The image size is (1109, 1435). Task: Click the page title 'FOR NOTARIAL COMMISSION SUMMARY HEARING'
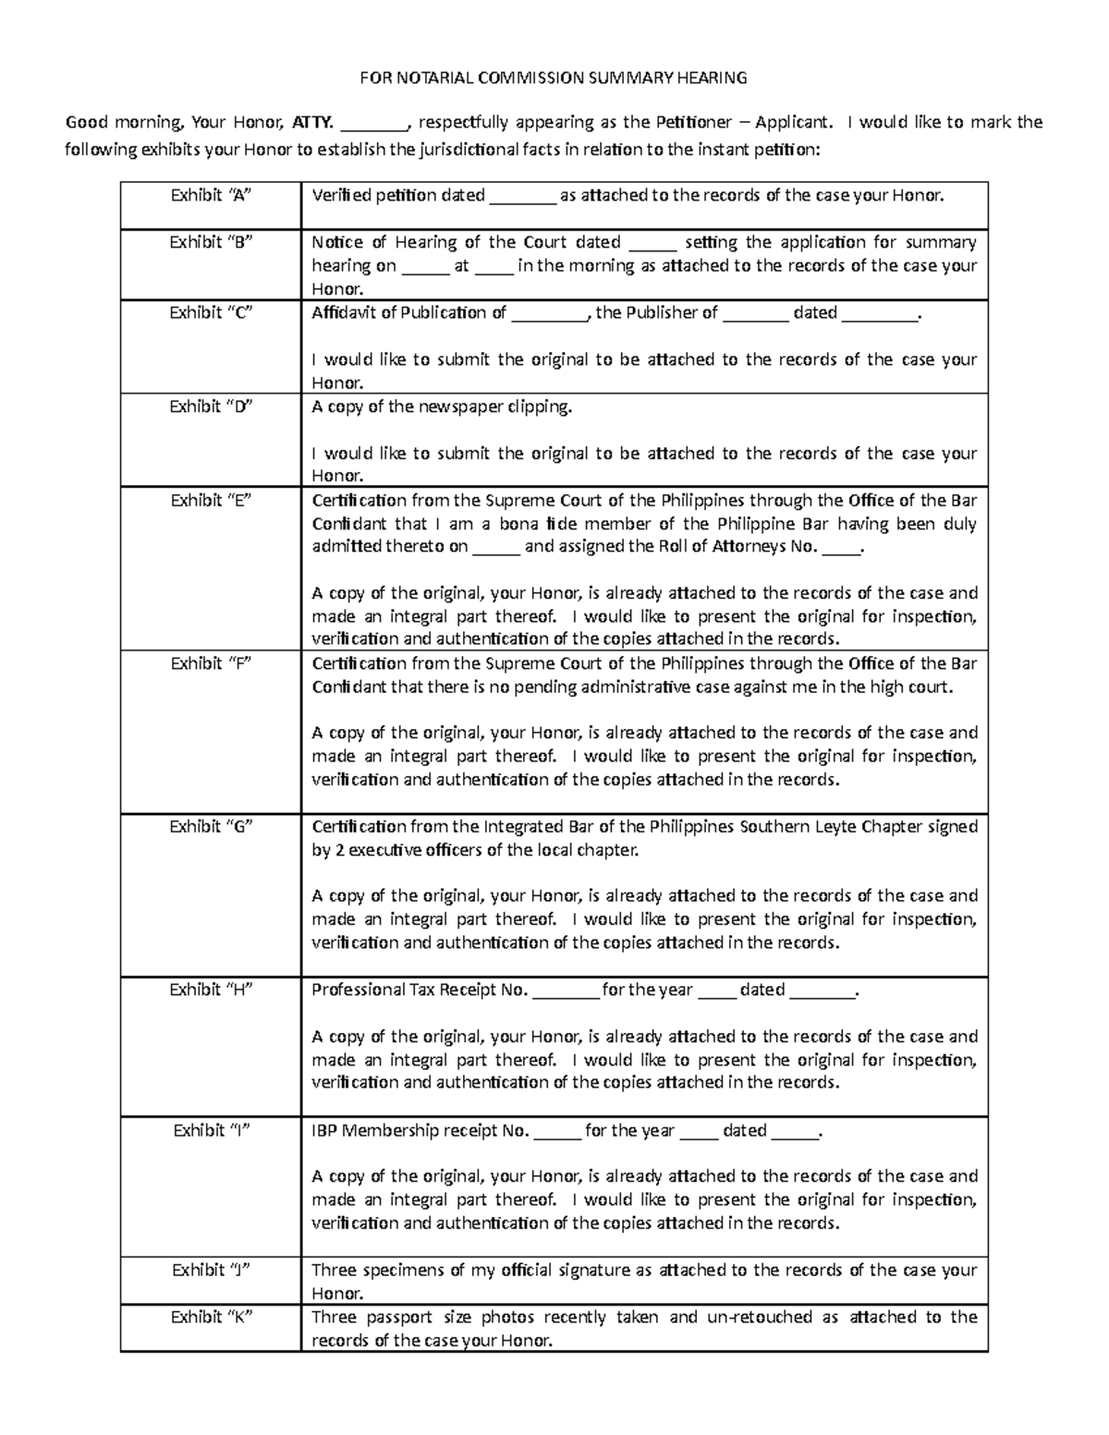(x=553, y=78)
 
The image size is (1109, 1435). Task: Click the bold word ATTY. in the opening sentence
(x=311, y=123)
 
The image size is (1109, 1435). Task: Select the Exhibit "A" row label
(x=211, y=195)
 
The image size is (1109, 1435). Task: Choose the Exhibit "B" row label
(x=211, y=242)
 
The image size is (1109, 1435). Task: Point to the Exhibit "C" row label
(x=211, y=312)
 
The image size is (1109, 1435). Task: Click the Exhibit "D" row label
(x=211, y=407)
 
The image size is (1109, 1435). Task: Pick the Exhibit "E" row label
(x=211, y=501)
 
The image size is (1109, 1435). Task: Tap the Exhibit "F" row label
(x=211, y=663)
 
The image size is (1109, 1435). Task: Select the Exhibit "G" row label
(x=211, y=827)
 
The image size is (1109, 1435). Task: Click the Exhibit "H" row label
(x=211, y=990)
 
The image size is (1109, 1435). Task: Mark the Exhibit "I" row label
(x=211, y=1130)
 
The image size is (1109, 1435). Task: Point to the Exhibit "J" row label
(x=211, y=1271)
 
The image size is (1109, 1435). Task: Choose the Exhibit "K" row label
(x=211, y=1318)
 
